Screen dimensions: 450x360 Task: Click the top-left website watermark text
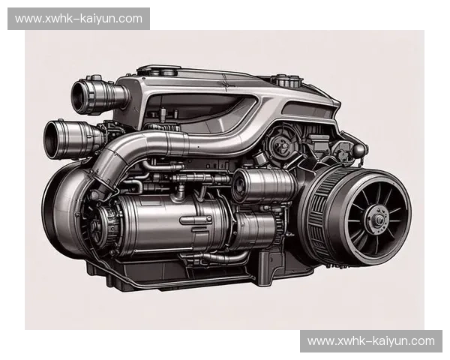[79, 19]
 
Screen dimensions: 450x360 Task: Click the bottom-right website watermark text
[371, 341]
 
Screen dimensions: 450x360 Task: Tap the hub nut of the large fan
[379, 220]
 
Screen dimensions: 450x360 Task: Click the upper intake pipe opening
[78, 97]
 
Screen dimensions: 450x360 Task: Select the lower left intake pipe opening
[52, 139]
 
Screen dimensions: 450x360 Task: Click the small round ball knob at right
[359, 149]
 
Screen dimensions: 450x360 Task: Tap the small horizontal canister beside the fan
[263, 185]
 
